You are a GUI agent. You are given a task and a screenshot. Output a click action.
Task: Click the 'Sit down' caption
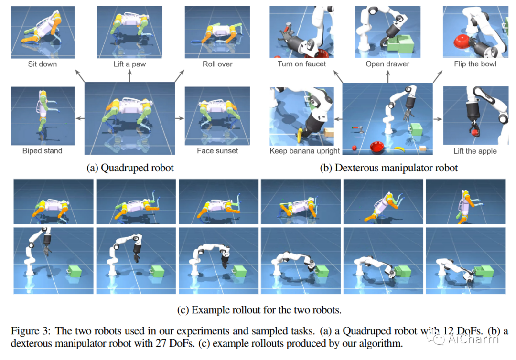coord(42,64)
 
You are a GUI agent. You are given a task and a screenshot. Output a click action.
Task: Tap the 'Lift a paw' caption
coord(129,64)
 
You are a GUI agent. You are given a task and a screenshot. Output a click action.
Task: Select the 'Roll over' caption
coord(218,64)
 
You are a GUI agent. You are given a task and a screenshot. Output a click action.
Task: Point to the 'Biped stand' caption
coord(42,151)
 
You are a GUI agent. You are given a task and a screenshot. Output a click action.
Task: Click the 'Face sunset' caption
coord(218,151)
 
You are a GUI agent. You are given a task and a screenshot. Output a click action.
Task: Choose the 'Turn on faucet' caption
coord(302,64)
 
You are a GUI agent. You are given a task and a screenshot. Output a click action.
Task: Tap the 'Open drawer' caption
coord(387,64)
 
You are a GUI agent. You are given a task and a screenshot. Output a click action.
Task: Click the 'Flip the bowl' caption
coord(475,64)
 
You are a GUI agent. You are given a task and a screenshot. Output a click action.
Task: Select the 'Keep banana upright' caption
coord(305,151)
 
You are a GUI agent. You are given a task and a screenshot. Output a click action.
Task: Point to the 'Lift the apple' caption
coord(475,151)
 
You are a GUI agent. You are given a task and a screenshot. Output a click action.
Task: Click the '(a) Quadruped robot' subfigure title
coord(130,168)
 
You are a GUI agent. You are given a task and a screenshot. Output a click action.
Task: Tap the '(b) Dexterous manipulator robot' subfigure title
coord(388,168)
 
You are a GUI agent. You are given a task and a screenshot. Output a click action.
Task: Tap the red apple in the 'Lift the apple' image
coord(474,134)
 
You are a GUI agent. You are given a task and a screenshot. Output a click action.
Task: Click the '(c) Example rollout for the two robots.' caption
coord(259,310)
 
